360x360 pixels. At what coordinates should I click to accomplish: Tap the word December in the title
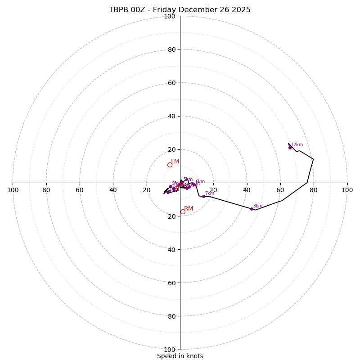tap(202, 10)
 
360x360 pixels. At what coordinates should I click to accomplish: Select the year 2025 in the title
tap(240, 10)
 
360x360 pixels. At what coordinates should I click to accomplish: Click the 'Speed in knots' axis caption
tap(180, 356)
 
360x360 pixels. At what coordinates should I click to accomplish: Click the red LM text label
tap(175, 162)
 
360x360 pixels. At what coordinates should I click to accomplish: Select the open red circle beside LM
tap(170, 165)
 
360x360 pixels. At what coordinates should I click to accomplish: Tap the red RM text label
tap(189, 209)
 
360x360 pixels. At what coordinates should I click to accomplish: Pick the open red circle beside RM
tap(183, 211)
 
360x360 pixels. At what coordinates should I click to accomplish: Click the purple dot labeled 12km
tap(290, 148)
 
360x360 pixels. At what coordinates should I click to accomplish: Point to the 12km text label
tap(297, 145)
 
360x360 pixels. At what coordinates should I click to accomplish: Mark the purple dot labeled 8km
tap(252, 209)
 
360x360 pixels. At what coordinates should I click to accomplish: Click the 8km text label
tap(257, 206)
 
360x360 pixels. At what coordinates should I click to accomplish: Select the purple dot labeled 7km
tap(203, 196)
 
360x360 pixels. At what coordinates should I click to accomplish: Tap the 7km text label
tap(210, 193)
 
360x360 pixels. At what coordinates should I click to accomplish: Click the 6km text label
tap(200, 182)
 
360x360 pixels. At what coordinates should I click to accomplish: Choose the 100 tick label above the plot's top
tap(170, 17)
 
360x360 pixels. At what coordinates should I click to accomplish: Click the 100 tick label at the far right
tap(347, 190)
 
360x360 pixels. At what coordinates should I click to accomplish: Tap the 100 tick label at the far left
tap(13, 190)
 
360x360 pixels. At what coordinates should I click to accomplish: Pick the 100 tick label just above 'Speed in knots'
tap(170, 349)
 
